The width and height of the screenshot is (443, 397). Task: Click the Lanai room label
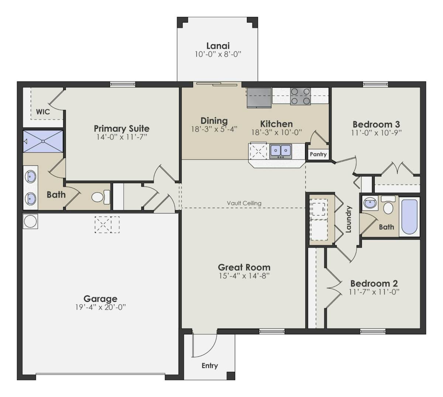(218, 46)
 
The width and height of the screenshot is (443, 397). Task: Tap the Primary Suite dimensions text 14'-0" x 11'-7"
(121, 137)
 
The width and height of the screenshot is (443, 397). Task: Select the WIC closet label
(43, 111)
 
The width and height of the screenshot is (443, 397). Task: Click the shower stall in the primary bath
(43, 141)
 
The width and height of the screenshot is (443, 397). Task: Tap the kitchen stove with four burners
(300, 96)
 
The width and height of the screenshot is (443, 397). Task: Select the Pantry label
(318, 154)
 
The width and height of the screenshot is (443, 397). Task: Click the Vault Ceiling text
(244, 203)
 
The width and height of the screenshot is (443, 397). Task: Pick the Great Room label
(244, 267)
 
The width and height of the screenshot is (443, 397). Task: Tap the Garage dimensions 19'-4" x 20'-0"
(100, 307)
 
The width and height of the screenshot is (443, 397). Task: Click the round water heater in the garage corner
(30, 221)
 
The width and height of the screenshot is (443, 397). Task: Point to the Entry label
(210, 366)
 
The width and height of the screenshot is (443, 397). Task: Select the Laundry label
(348, 219)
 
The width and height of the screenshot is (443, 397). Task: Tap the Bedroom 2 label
(374, 283)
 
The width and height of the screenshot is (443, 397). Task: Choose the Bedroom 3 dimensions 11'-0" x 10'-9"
(376, 133)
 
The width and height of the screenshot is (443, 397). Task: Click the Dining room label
(214, 121)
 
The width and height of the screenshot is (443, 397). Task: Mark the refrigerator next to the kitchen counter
(259, 97)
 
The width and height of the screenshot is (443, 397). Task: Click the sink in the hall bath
(369, 203)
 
